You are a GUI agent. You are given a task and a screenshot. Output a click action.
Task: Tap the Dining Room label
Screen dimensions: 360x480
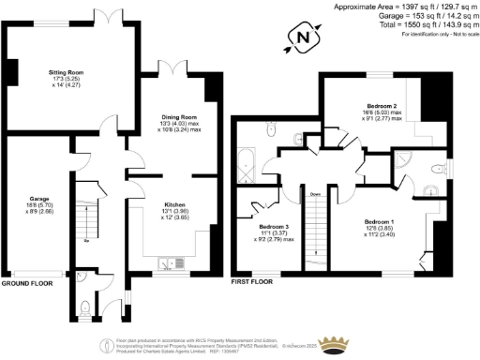click(175, 117)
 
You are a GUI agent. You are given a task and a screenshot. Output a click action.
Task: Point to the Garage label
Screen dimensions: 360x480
click(39, 200)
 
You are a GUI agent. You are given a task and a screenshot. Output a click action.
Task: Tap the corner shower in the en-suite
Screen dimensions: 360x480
click(406, 159)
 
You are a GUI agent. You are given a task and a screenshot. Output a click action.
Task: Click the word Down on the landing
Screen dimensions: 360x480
click(316, 195)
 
